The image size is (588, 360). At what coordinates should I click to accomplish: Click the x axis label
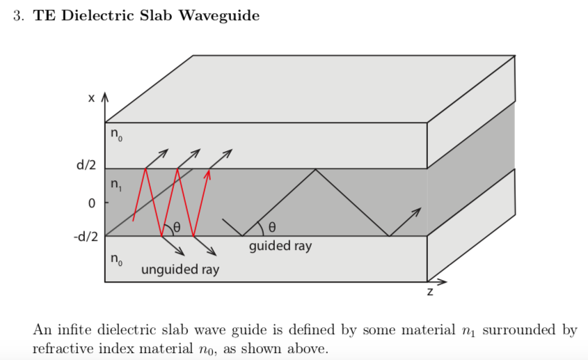pyautogui.click(x=91, y=99)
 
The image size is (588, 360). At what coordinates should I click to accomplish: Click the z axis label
pyautogui.click(x=430, y=292)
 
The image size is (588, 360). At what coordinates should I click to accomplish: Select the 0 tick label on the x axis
pyautogui.click(x=90, y=203)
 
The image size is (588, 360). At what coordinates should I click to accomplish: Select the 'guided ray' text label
pyautogui.click(x=280, y=246)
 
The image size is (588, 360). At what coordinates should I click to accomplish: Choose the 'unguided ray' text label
pyautogui.click(x=180, y=269)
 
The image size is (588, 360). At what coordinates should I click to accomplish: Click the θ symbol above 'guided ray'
pyautogui.click(x=272, y=227)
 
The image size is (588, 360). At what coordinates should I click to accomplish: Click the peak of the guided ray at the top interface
pyautogui.click(x=316, y=169)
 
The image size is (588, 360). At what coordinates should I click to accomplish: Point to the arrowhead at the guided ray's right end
pyautogui.click(x=418, y=210)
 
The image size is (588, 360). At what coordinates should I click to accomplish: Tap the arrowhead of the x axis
pyautogui.click(x=105, y=96)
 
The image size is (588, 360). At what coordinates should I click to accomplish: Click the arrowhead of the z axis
pyautogui.click(x=443, y=281)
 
